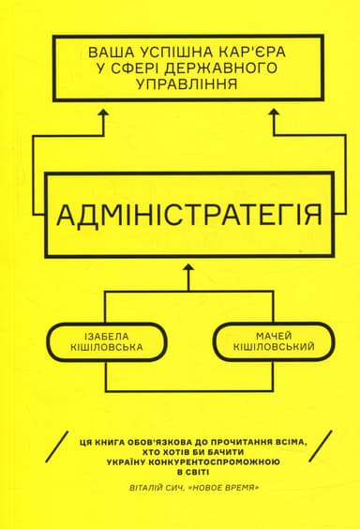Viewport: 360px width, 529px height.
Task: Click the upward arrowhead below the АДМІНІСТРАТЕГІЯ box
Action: click(x=188, y=269)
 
